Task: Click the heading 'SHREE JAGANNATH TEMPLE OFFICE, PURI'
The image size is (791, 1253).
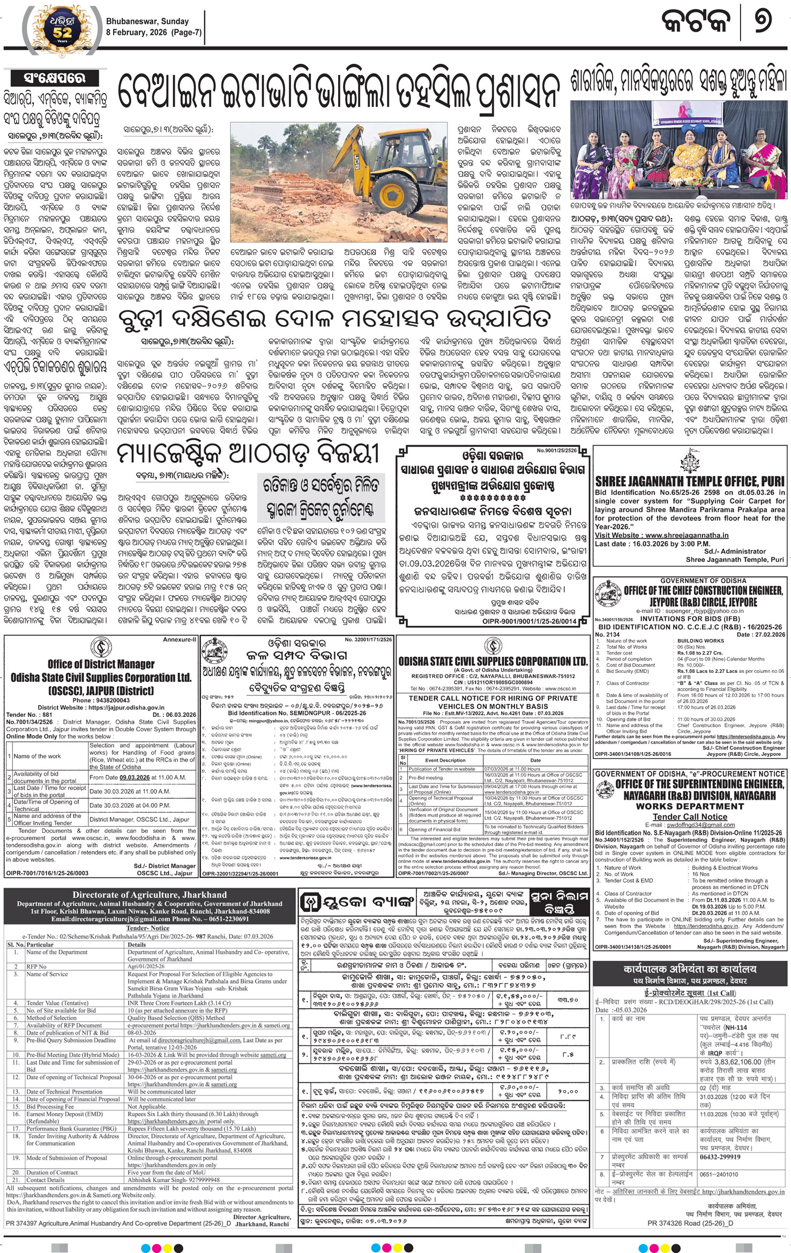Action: pos(690,481)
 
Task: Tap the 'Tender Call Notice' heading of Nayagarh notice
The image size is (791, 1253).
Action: pos(690,816)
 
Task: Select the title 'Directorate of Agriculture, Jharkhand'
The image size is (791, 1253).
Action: pos(150,894)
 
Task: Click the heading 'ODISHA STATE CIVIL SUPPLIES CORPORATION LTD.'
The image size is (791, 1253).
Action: pos(492,661)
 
